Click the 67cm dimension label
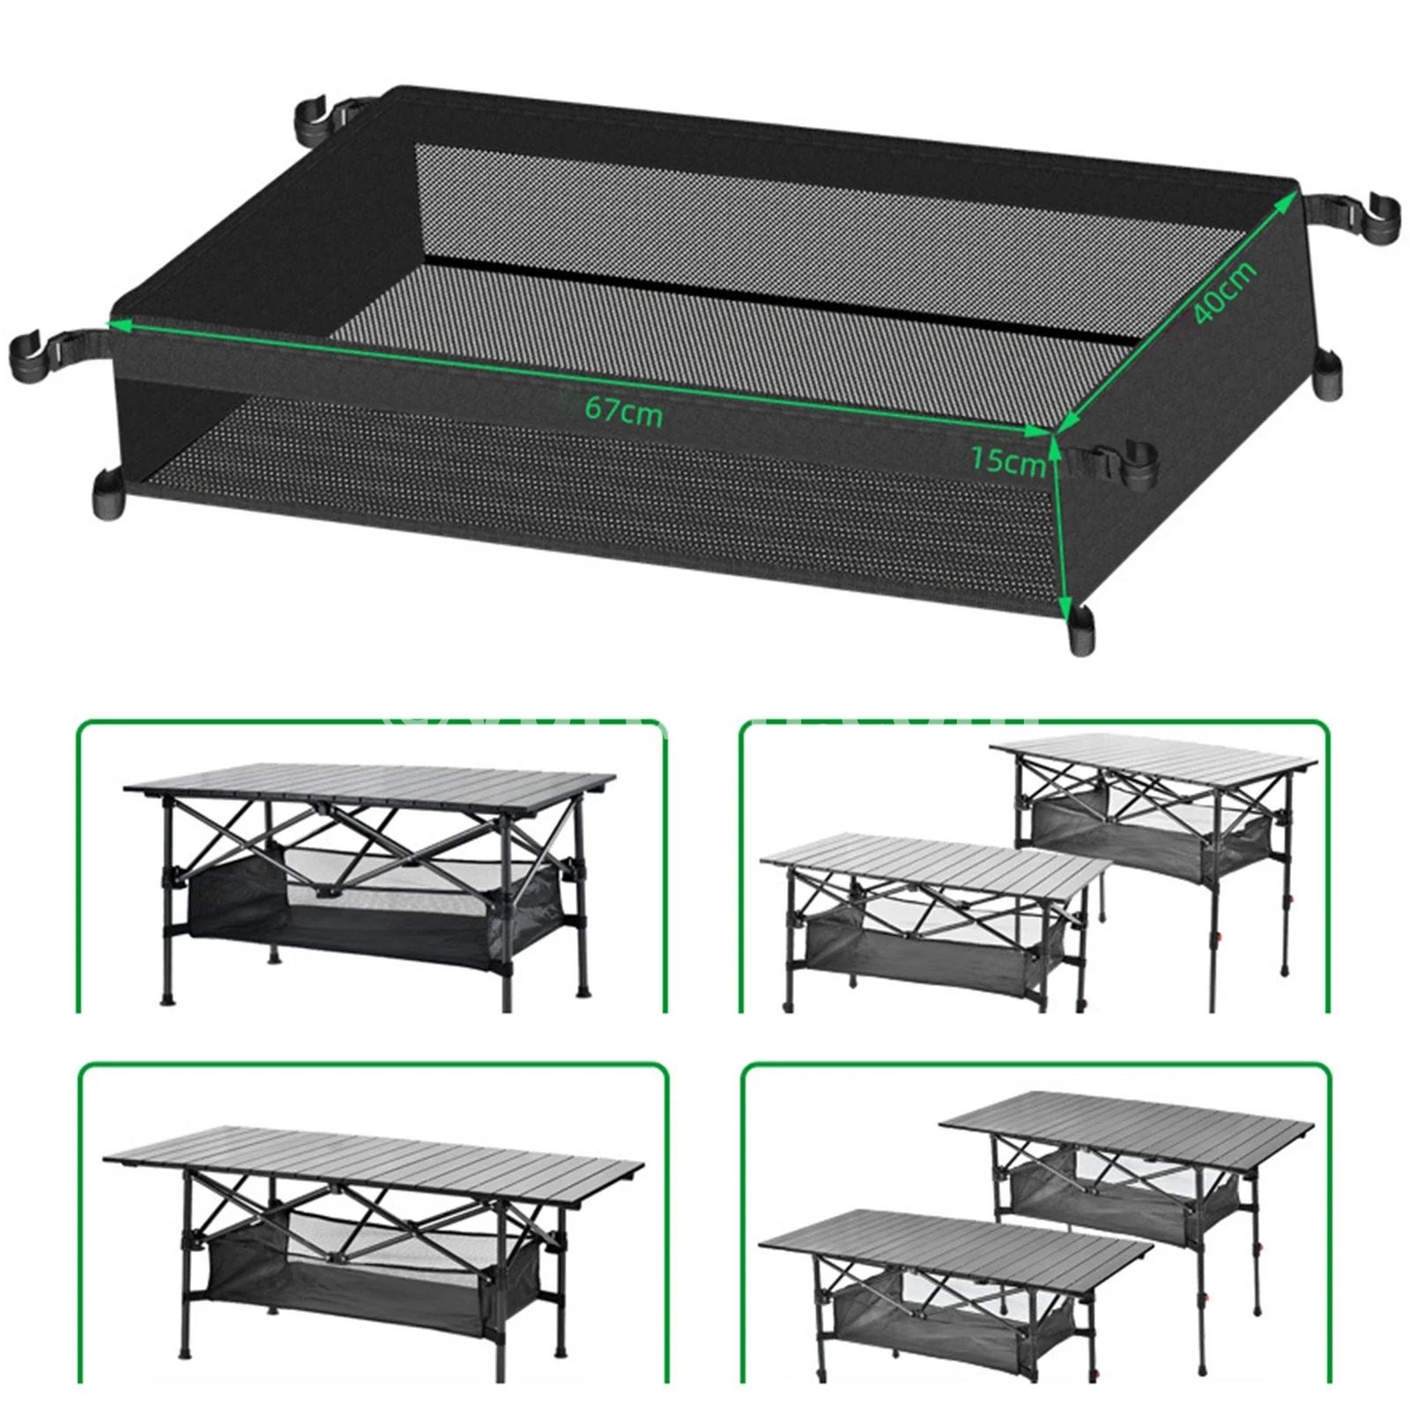coord(623,412)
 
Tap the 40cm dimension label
coord(1225,293)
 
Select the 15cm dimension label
coord(1008,460)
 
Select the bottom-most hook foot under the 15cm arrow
coord(1080,631)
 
